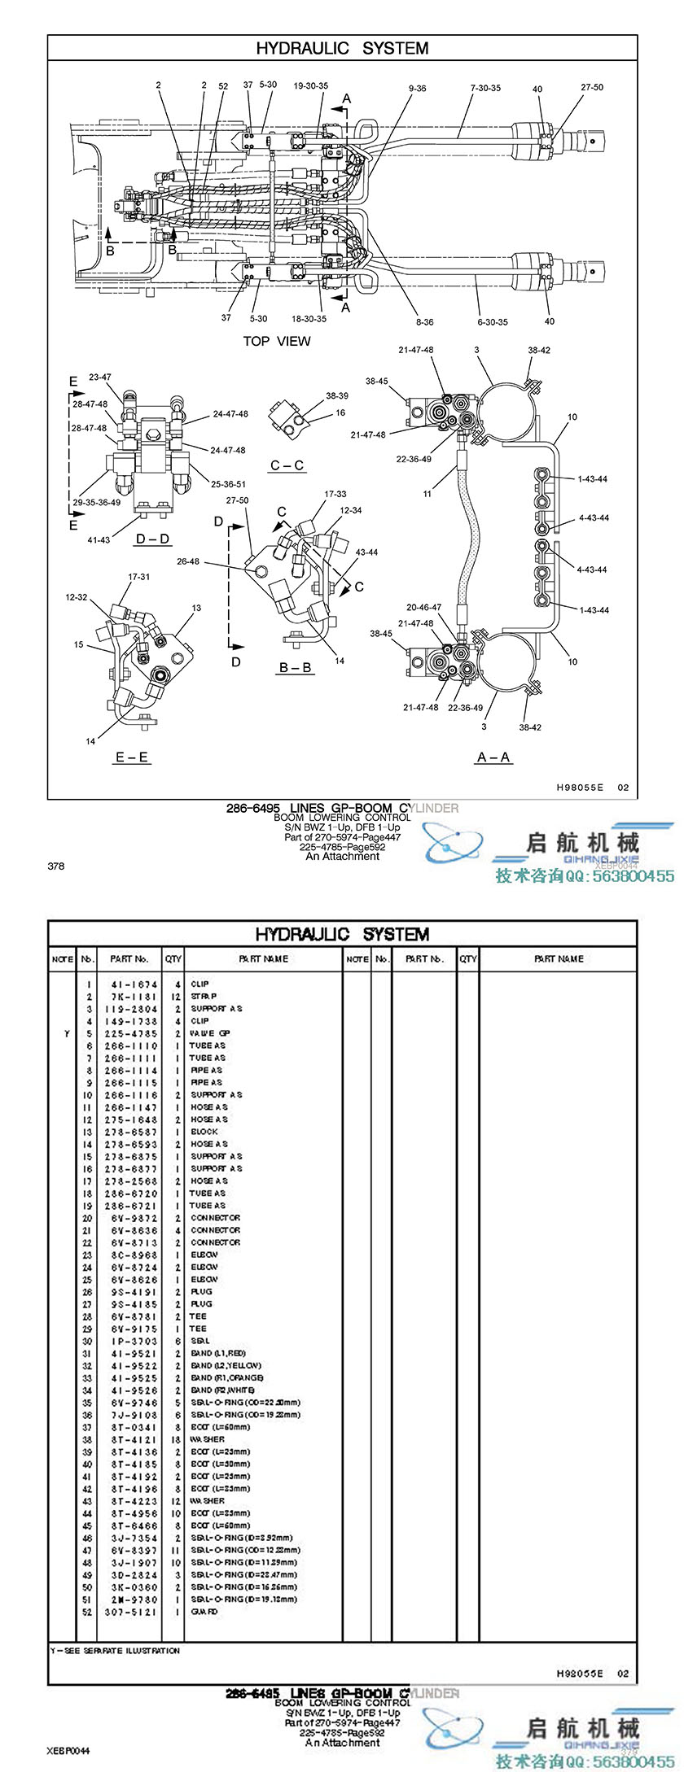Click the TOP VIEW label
[x=276, y=341]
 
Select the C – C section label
[x=287, y=465]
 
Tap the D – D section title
[x=152, y=539]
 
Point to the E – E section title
[x=132, y=757]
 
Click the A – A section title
[x=493, y=757]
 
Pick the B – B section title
[x=296, y=668]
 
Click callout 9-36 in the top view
[x=417, y=88]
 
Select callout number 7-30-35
[x=485, y=88]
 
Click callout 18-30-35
[x=309, y=319]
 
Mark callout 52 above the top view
[x=223, y=85]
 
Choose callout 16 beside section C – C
[x=340, y=412]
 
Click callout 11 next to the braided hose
[x=427, y=494]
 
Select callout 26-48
[x=188, y=561]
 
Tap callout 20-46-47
[x=423, y=607]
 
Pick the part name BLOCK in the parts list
[x=204, y=1132]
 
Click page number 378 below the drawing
[x=56, y=866]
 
